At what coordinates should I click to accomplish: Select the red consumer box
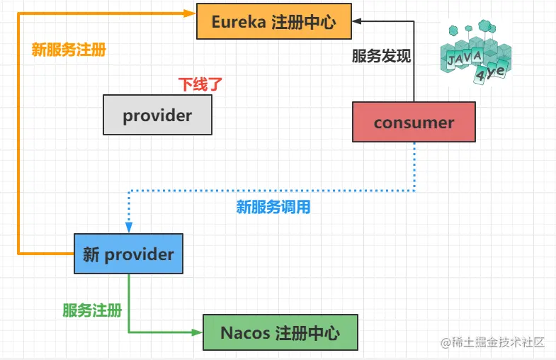(414, 122)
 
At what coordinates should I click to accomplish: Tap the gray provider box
(157, 115)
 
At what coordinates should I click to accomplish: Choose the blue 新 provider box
(128, 254)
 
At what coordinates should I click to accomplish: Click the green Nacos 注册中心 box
(280, 332)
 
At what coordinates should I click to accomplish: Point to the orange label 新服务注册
(69, 50)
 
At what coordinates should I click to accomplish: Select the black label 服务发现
(381, 57)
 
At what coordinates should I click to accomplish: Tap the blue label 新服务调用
(273, 208)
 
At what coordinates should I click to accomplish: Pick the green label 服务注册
(92, 310)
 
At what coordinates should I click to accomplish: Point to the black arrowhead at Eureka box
(358, 21)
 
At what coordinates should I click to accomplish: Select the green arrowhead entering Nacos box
(198, 332)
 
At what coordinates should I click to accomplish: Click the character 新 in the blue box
(91, 254)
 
